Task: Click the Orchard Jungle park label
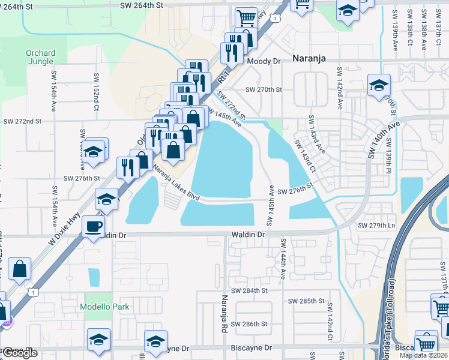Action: (41, 56)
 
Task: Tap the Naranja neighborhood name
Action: (313, 58)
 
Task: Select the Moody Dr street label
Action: (264, 61)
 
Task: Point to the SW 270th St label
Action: (264, 89)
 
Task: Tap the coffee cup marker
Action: (93, 227)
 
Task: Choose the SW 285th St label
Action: (306, 301)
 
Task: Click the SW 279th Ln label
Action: (377, 226)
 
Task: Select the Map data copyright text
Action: (423, 355)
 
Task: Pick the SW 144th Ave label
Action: (282, 259)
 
